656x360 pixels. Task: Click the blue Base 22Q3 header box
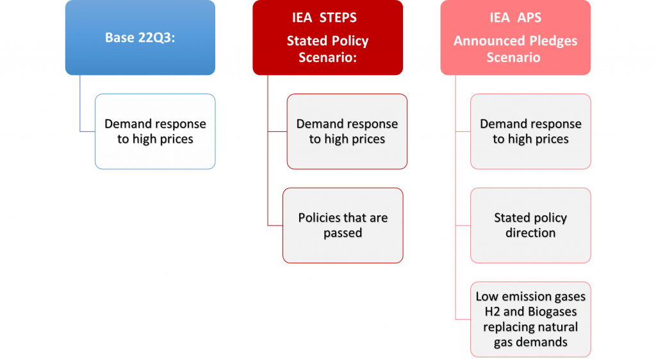click(140, 38)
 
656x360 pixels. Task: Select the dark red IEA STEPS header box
click(327, 38)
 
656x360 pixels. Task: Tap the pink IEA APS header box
click(516, 38)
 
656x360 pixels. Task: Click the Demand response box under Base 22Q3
click(155, 131)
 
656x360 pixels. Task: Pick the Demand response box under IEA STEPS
click(347, 131)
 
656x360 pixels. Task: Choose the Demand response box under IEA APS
click(530, 131)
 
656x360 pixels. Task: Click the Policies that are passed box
click(343, 225)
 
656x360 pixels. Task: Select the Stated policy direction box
click(530, 225)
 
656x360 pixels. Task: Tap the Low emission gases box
click(530, 319)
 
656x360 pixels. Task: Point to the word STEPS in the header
click(338, 17)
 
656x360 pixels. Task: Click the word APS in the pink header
click(529, 17)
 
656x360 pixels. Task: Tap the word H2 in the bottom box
click(492, 311)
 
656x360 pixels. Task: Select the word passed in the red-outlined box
click(343, 233)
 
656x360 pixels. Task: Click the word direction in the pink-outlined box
click(530, 233)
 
